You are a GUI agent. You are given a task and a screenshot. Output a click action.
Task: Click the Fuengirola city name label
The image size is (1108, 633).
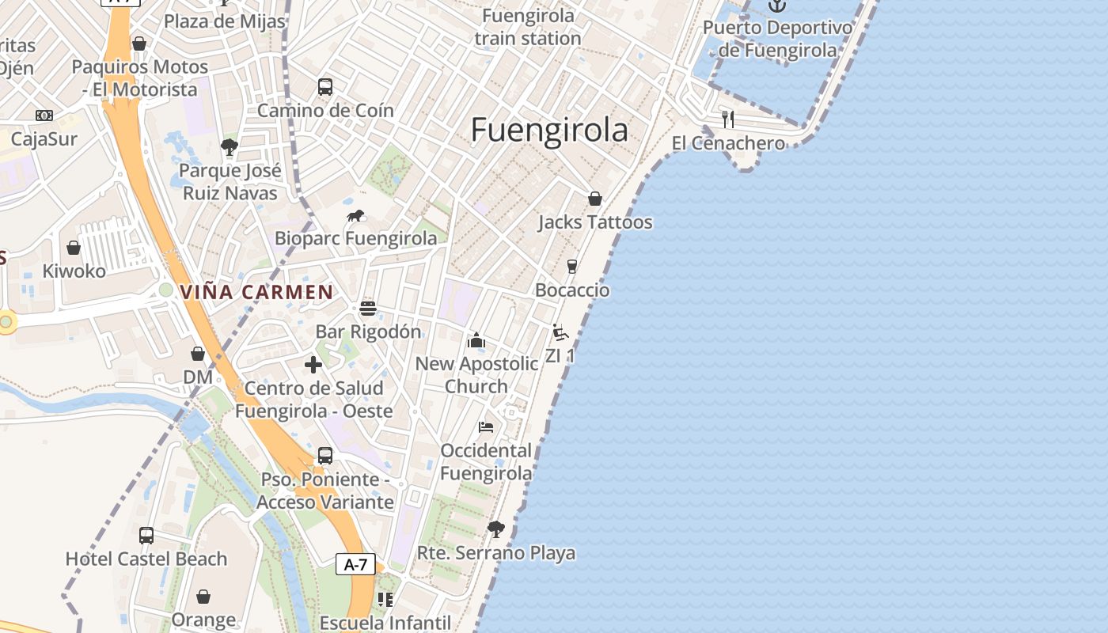(x=549, y=131)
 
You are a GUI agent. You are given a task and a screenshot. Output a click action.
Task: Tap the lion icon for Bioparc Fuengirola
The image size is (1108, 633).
(x=355, y=215)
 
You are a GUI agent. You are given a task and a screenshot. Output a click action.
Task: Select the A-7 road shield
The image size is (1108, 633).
(x=355, y=564)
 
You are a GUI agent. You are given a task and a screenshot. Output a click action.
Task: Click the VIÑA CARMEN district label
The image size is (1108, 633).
(x=256, y=292)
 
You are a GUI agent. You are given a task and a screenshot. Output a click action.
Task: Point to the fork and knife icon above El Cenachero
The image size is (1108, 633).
(x=728, y=119)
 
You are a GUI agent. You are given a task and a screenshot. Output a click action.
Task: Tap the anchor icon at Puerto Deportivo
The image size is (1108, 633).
(x=777, y=6)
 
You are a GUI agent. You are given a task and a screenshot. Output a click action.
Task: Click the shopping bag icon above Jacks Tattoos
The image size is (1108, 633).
(x=595, y=199)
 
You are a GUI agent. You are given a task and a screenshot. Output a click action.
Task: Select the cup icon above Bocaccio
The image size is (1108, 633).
(x=572, y=267)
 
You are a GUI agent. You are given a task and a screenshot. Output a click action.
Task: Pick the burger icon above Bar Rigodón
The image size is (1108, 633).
(x=367, y=308)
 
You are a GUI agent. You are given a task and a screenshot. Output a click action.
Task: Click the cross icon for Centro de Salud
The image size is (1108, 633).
(x=313, y=365)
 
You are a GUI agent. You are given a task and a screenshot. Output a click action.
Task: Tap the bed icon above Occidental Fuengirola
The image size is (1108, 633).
(x=486, y=427)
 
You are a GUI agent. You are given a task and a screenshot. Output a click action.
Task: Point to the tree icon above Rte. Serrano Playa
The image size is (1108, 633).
(x=495, y=529)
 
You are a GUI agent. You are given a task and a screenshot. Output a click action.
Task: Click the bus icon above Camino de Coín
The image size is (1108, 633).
(x=325, y=87)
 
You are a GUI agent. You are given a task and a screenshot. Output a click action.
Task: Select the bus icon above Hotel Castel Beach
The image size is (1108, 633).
(x=146, y=536)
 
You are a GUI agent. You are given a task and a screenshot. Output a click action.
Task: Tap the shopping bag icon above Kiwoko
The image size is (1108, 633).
(x=74, y=248)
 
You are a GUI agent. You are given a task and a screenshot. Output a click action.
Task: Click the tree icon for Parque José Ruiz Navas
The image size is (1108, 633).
(x=230, y=147)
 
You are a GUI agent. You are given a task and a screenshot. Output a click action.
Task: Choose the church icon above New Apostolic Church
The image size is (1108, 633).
(x=476, y=340)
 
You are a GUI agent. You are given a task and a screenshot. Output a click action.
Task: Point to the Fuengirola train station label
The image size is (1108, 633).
(x=529, y=27)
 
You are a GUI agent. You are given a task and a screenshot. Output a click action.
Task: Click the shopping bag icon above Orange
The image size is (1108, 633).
(x=203, y=596)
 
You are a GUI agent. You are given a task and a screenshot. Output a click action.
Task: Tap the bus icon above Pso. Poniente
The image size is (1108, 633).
(x=325, y=456)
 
